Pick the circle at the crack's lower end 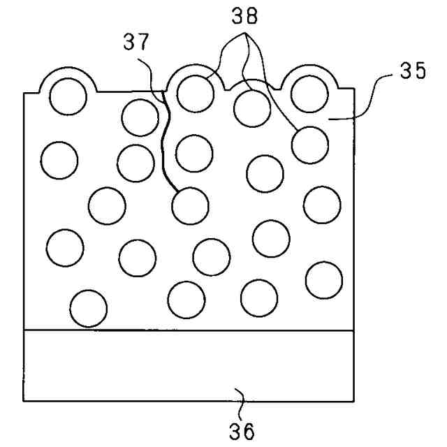189,205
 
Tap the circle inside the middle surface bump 195,91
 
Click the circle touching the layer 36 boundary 89,309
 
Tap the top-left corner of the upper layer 24,93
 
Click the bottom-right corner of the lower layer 353,401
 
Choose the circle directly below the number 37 139,117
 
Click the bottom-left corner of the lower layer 24,401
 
